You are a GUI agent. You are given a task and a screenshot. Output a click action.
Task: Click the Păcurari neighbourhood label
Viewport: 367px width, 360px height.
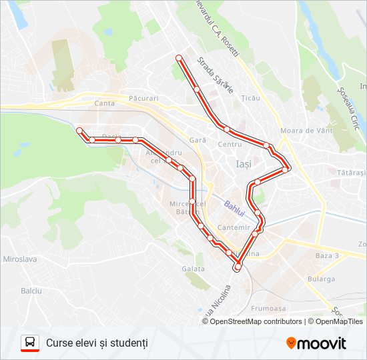point(145,98)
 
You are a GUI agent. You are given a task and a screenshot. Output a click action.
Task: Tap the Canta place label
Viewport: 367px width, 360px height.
point(105,103)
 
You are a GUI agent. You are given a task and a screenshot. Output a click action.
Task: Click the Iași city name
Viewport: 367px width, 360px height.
point(244,163)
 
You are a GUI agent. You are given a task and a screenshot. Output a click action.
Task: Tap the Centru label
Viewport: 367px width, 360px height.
point(230,145)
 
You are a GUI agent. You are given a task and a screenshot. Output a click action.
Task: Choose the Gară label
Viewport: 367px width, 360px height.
point(198,141)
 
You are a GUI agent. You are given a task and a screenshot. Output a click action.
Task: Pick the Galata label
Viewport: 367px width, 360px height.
point(193,269)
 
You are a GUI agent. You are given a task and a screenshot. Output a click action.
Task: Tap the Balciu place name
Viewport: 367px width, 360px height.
point(31,291)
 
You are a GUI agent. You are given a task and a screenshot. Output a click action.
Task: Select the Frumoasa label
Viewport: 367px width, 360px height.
point(268,309)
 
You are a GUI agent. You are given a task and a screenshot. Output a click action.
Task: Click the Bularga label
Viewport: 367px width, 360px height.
point(322,279)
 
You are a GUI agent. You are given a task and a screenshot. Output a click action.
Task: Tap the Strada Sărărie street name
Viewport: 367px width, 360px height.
point(215,75)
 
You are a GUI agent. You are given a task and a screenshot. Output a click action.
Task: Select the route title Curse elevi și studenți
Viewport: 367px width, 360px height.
point(97,343)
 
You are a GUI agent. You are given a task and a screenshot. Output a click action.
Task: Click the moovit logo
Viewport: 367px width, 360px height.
point(316,343)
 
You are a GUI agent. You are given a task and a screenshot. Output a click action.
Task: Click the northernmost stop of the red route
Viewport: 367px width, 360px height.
point(179,59)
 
